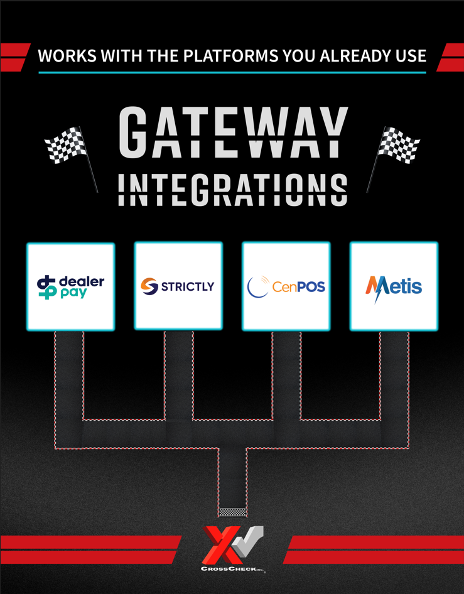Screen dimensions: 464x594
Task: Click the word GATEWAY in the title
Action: (232, 133)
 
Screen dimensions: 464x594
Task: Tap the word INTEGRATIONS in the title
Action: (232, 190)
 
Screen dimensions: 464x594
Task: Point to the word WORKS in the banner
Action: (62, 55)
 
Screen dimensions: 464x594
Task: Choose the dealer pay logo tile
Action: (70, 286)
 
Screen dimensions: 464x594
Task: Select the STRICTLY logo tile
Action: (178, 286)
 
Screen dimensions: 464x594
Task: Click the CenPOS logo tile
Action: (286, 286)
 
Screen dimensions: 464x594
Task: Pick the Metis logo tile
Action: (394, 286)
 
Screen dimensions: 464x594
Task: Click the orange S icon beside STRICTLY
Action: (149, 287)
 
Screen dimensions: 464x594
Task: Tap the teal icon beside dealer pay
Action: (46, 286)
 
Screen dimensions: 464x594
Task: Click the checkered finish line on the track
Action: (232, 512)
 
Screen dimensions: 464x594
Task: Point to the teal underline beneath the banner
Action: (232, 72)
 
